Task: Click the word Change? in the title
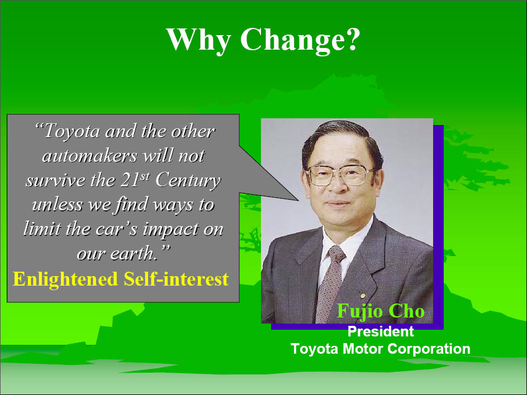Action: (x=300, y=40)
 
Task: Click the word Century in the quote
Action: (x=188, y=181)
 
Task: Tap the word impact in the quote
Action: (x=171, y=230)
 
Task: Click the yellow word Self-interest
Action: (x=177, y=279)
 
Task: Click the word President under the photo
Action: (x=381, y=331)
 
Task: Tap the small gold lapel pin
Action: (x=362, y=296)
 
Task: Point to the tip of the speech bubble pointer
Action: (x=298, y=200)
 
